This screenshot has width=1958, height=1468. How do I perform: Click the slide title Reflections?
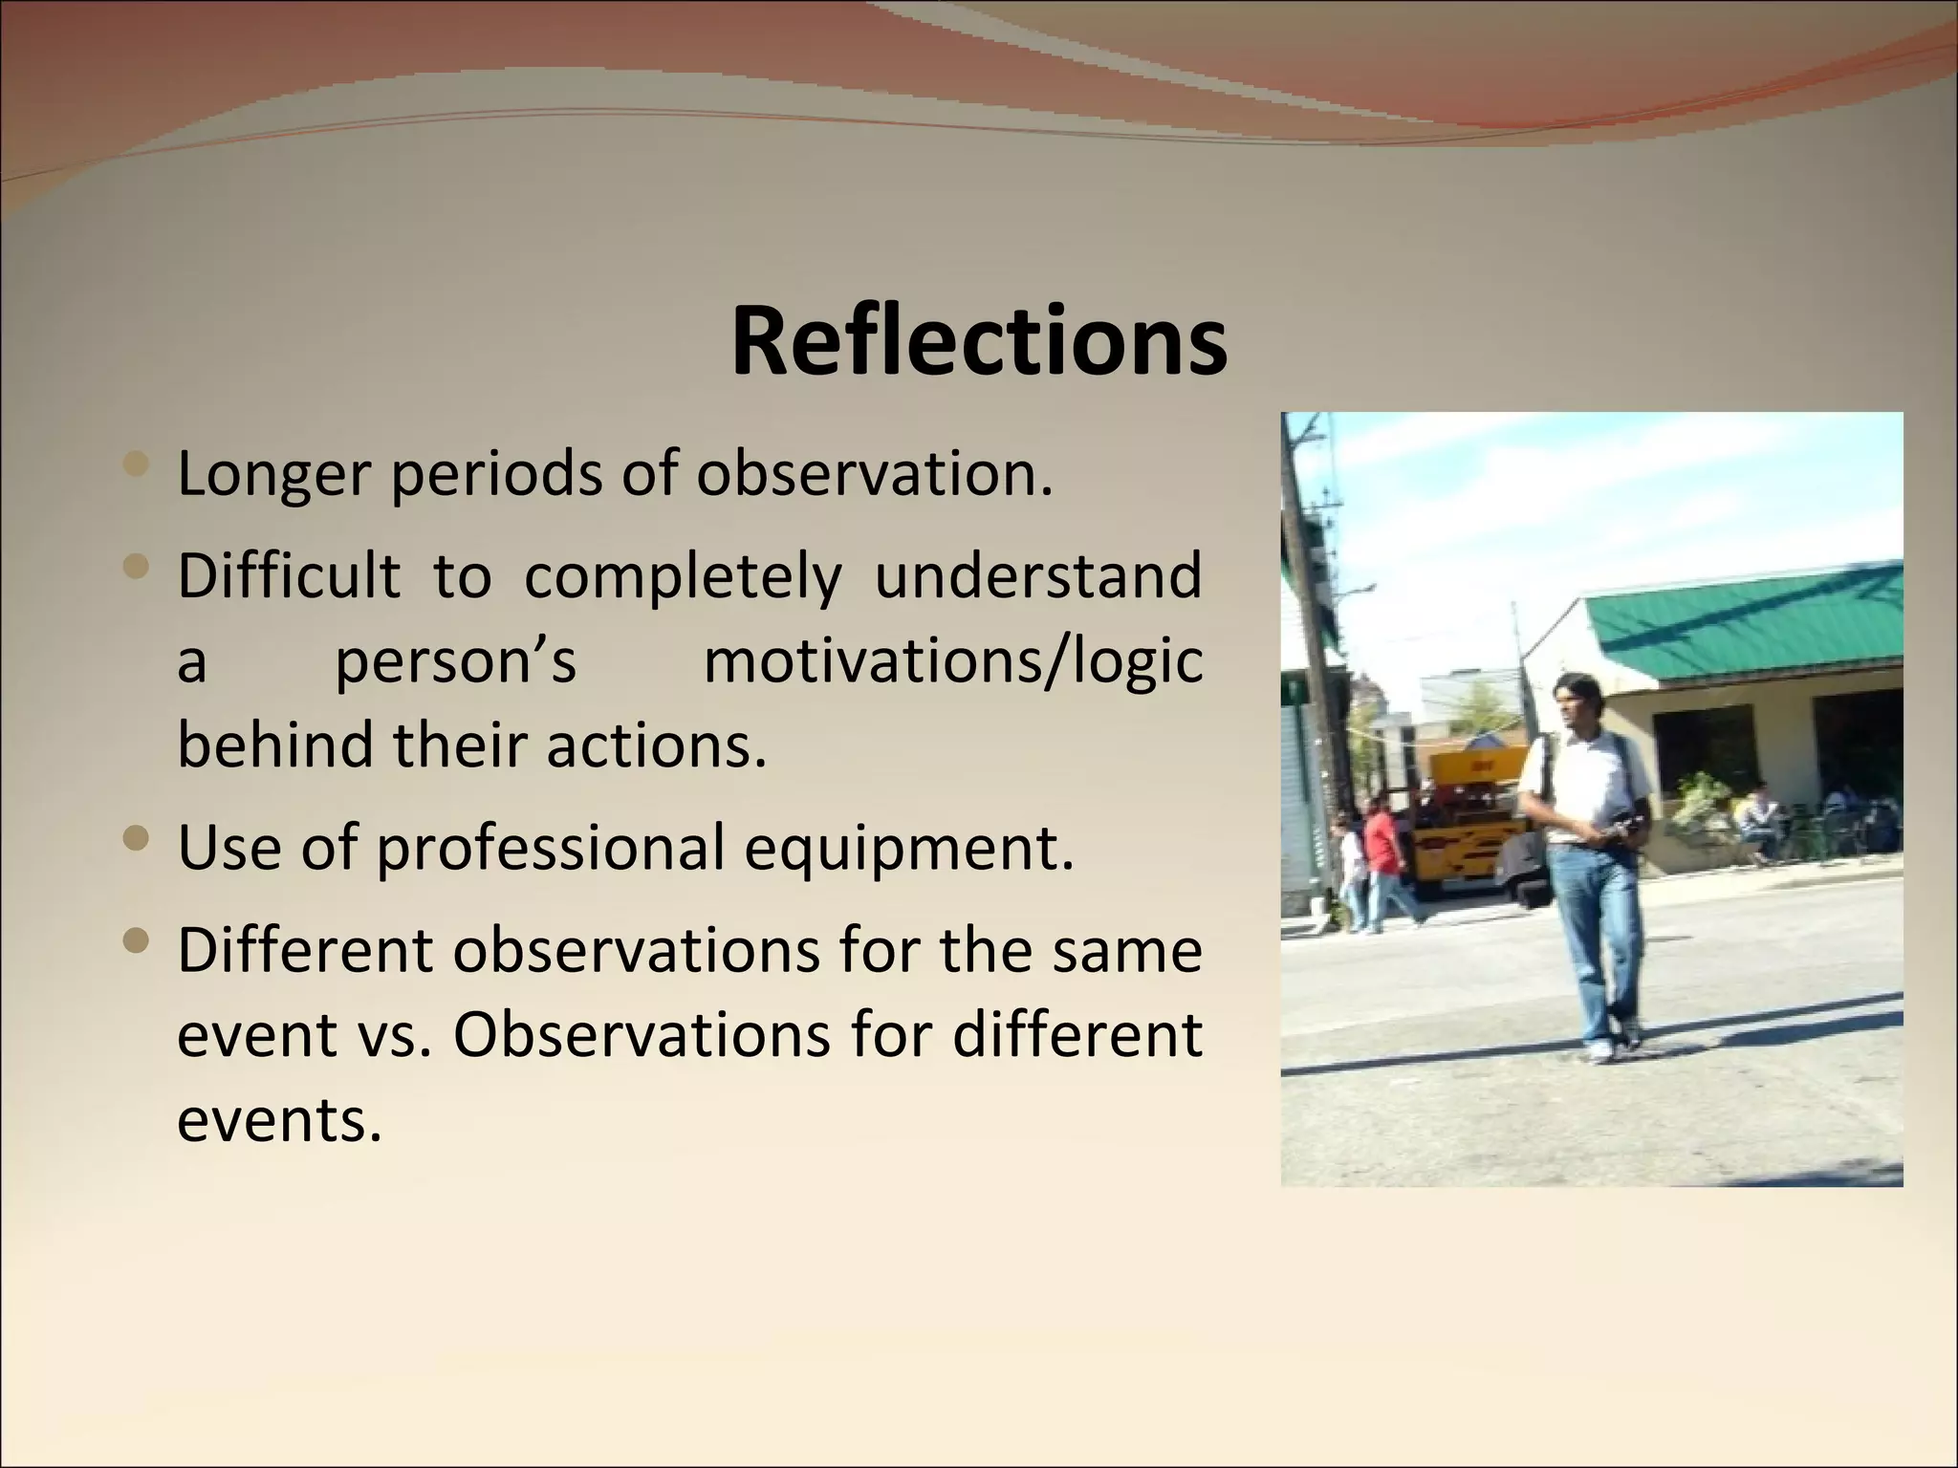(x=979, y=341)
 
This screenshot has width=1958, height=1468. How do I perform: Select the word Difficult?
(x=288, y=576)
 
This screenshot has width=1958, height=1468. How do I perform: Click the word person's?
(x=455, y=661)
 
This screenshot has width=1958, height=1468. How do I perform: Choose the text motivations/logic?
(x=952, y=661)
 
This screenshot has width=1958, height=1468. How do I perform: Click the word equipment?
(x=908, y=849)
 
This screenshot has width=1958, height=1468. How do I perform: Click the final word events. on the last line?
(x=279, y=1119)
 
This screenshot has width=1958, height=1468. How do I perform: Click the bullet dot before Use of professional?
(x=138, y=839)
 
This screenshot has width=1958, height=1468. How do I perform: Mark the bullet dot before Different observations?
(x=138, y=942)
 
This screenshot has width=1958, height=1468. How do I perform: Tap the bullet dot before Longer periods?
(x=138, y=466)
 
